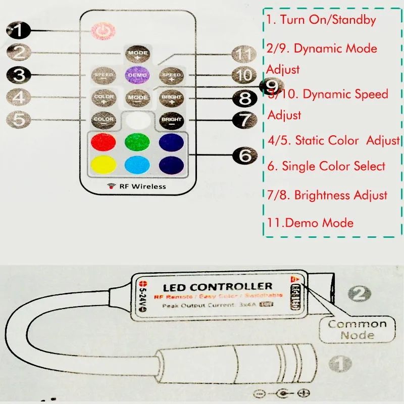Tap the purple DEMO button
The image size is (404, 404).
[x=138, y=75]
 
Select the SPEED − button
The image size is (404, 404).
[x=104, y=75]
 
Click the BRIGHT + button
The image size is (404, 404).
[x=171, y=97]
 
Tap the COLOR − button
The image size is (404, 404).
[x=104, y=120]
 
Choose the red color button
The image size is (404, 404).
[x=104, y=142]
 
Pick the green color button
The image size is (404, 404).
[x=137, y=142]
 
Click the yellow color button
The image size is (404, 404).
[x=104, y=164]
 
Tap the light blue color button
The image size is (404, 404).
[x=137, y=164]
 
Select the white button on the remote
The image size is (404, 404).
[x=137, y=120]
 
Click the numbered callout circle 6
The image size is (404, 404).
[x=245, y=156]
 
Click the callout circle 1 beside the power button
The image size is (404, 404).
[x=17, y=31]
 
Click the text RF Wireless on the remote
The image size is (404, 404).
[x=142, y=186]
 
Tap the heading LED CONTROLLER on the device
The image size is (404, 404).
[x=217, y=286]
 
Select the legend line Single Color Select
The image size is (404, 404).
[x=326, y=166]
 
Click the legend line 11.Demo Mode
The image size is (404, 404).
[x=311, y=223]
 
